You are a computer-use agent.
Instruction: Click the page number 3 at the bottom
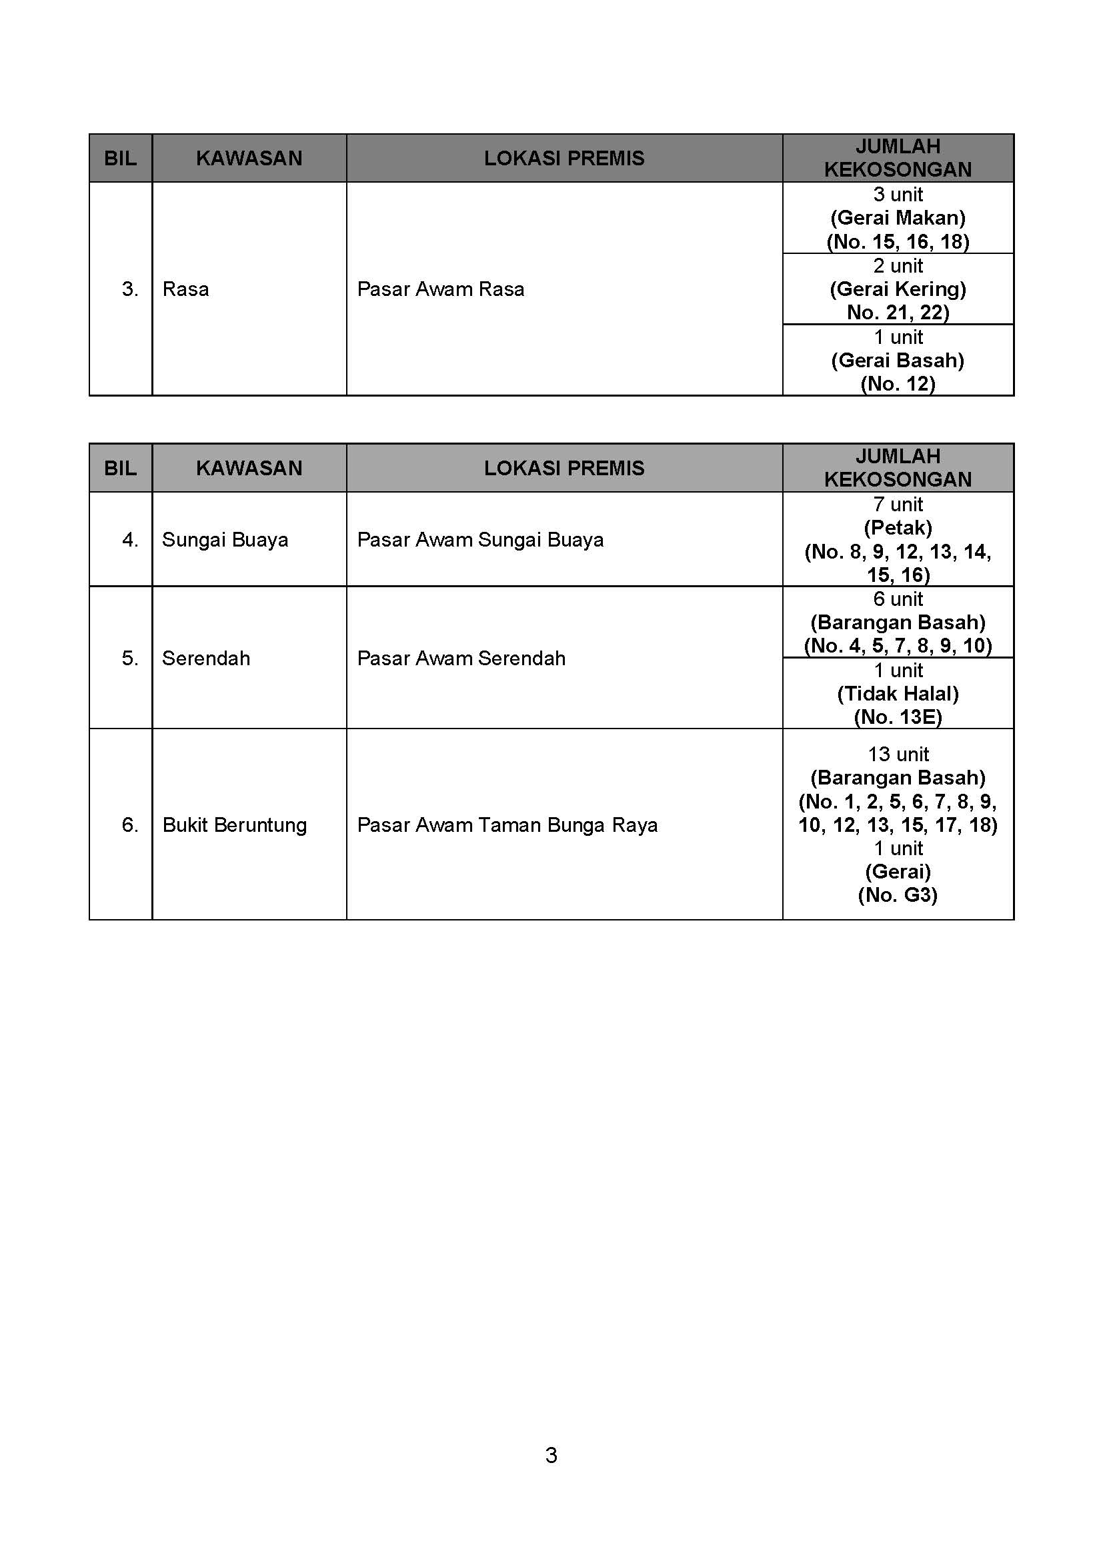pos(551,1455)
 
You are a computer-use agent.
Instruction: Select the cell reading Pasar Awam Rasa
pos(440,289)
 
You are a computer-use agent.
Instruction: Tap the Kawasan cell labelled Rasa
pos(185,289)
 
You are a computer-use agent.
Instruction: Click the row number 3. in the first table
pos(130,289)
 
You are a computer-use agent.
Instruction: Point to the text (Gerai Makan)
pos(897,218)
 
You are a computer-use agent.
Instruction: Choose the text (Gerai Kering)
pos(897,289)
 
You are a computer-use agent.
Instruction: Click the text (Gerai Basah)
pos(897,361)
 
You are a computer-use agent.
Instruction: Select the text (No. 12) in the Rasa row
pos(897,385)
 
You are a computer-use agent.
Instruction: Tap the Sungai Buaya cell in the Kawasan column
pos(225,540)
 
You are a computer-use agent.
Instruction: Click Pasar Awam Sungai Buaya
pos(479,540)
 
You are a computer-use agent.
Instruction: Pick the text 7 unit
pos(897,505)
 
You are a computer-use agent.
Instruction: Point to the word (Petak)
pos(897,528)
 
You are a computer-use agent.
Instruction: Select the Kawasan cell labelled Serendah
pos(206,659)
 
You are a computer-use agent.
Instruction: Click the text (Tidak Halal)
pos(897,694)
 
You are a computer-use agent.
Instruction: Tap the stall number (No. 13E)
pos(897,717)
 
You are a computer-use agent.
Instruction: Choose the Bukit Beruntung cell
pos(234,825)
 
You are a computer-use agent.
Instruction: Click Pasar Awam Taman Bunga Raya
pos(507,825)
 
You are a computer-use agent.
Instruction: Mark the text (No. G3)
pos(897,895)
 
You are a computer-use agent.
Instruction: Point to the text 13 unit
pos(897,755)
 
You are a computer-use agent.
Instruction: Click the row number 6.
pos(130,825)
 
